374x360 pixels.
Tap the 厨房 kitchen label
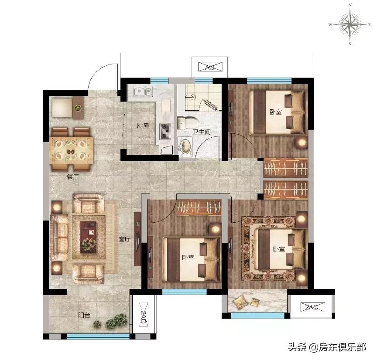coord(143,126)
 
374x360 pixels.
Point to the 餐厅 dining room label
coord(72,177)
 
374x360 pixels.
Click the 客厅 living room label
coord(125,239)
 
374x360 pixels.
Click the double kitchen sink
coord(143,92)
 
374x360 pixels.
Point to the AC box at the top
coord(209,67)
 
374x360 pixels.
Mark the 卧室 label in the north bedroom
coord(275,112)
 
